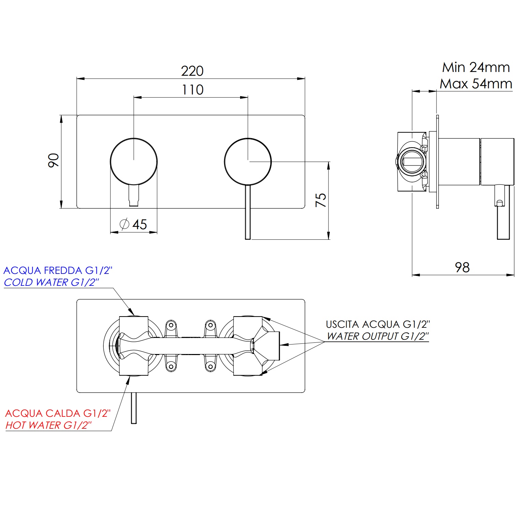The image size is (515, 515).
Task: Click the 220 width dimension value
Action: [x=192, y=71]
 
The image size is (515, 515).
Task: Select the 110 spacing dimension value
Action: [x=193, y=90]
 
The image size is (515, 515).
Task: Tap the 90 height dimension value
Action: [x=54, y=160]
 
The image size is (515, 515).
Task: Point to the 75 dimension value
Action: [x=321, y=200]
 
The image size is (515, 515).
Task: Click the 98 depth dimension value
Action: [x=462, y=267]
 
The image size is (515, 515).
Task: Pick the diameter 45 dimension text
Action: [x=134, y=224]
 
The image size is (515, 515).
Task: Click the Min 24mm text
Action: [x=476, y=68]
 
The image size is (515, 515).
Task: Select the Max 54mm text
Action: [x=476, y=84]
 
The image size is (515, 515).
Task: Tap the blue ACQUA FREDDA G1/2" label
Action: [x=58, y=270]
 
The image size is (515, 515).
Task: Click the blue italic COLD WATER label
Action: [x=51, y=282]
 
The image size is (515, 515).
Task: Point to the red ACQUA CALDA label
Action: [x=58, y=413]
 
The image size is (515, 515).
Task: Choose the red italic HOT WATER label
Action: [x=48, y=425]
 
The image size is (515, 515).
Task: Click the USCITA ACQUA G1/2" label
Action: [x=378, y=324]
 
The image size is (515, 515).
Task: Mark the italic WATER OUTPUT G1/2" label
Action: [x=378, y=336]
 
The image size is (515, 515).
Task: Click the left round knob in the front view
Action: [x=134, y=161]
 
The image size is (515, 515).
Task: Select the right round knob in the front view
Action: [x=248, y=161]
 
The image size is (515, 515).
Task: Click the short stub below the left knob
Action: [x=134, y=196]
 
